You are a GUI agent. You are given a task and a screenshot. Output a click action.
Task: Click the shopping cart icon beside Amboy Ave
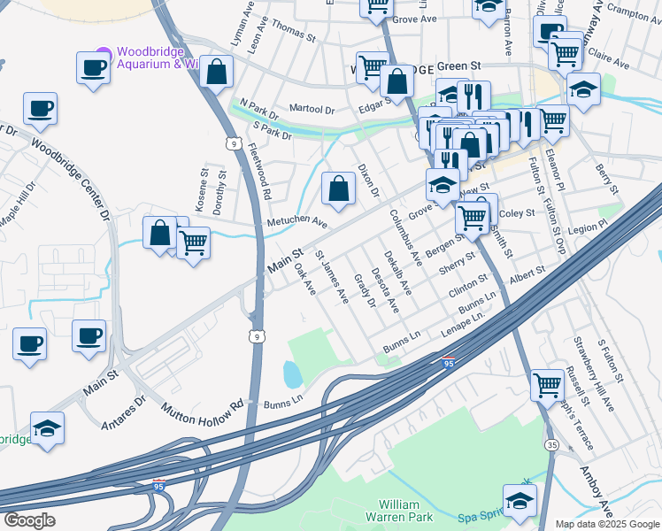547,385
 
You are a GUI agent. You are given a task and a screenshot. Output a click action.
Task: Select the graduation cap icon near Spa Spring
520,500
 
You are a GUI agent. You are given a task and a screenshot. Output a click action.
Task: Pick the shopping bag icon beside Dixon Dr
338,188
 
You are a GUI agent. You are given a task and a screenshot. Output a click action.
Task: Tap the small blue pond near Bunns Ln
292,374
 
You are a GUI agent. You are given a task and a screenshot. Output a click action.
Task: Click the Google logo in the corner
29,519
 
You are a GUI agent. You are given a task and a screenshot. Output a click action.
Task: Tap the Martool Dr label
312,111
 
